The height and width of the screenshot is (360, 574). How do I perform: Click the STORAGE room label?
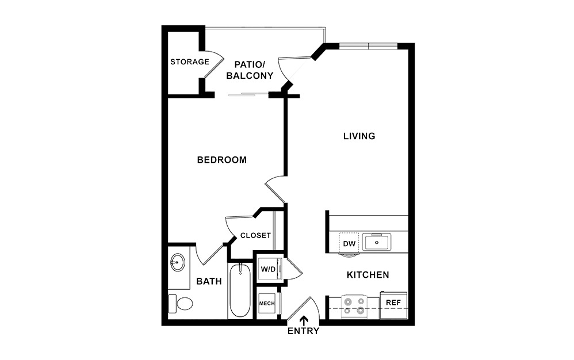(x=189, y=62)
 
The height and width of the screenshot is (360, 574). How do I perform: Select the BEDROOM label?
(x=221, y=160)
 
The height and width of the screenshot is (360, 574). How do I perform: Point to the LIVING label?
(x=359, y=136)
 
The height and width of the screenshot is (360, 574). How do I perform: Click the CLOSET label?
(x=255, y=235)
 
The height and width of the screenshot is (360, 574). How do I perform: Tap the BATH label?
(x=209, y=281)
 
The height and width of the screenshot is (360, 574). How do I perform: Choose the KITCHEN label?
(x=368, y=275)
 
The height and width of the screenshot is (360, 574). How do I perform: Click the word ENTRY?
(x=303, y=331)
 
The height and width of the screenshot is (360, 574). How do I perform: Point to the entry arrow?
(x=304, y=320)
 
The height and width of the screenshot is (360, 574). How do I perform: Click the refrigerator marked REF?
(x=393, y=302)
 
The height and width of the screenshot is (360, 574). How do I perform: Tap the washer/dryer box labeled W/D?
(x=268, y=269)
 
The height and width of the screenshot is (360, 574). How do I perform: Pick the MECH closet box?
(x=266, y=303)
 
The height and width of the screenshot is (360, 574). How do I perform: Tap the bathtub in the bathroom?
(x=239, y=292)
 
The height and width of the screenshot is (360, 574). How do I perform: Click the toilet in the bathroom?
(x=181, y=302)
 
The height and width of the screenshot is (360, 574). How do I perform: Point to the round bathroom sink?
(x=177, y=263)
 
